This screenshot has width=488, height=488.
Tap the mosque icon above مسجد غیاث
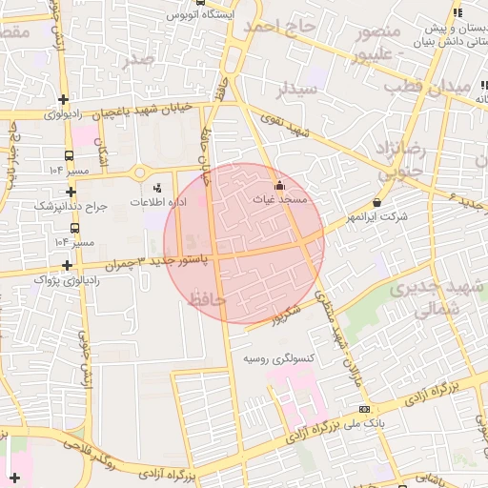point(279,185)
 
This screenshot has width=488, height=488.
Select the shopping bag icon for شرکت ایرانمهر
point(377,202)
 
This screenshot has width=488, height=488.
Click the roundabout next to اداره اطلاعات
point(140,173)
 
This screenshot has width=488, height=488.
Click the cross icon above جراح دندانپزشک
point(69,191)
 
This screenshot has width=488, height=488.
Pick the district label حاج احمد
point(279,27)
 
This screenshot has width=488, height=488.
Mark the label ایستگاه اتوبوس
point(197,16)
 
